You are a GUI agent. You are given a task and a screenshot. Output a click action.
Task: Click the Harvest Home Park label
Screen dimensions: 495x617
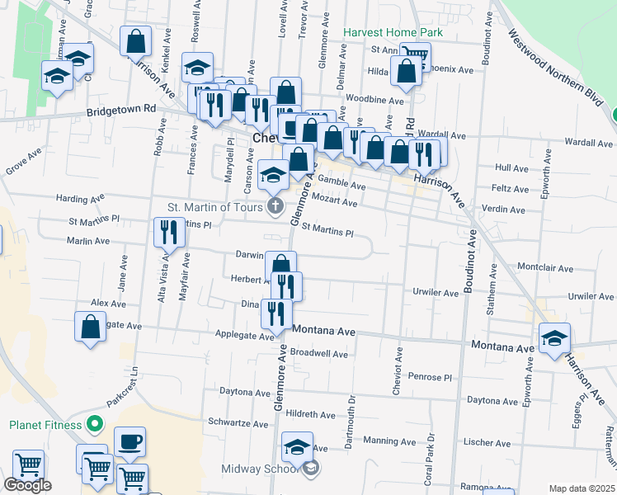click(x=393, y=33)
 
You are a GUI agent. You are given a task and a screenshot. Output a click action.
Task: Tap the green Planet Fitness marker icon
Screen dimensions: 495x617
click(x=95, y=426)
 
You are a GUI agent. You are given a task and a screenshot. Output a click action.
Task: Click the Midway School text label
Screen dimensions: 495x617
click(x=259, y=469)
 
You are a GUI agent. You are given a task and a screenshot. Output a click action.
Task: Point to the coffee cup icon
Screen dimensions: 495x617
click(x=130, y=442)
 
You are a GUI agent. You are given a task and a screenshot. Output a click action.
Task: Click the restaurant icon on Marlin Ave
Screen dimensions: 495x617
click(x=168, y=233)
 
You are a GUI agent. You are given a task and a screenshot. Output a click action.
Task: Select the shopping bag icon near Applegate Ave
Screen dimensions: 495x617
click(x=91, y=326)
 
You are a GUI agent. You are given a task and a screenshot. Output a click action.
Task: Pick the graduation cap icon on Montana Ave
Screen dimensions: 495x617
click(x=554, y=337)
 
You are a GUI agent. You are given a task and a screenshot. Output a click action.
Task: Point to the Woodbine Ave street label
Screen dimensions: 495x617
click(x=374, y=100)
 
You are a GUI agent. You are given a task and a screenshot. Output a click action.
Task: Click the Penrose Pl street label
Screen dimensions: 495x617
click(x=431, y=377)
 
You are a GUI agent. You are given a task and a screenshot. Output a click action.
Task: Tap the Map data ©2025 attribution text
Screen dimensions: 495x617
click(x=582, y=488)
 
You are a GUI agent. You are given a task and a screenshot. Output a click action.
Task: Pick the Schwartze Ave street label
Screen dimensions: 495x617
click(x=238, y=421)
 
